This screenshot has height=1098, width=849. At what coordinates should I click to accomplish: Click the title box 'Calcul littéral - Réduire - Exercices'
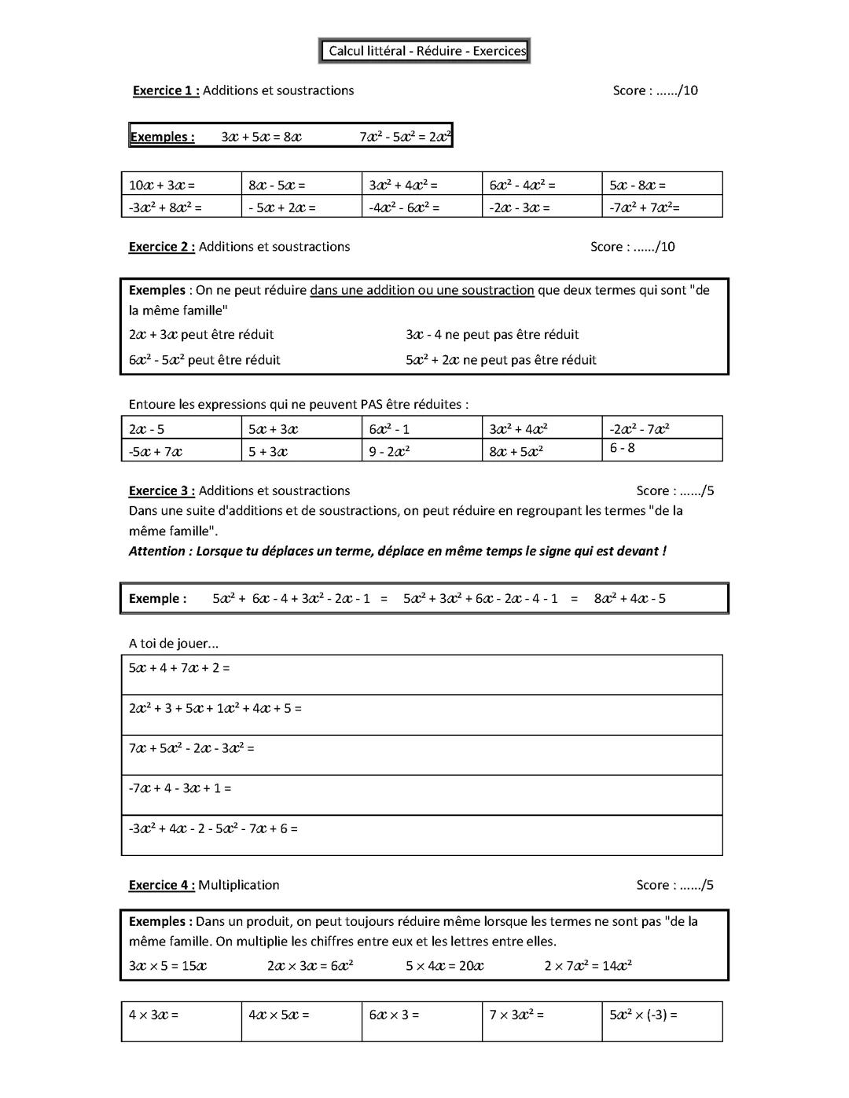pos(425,51)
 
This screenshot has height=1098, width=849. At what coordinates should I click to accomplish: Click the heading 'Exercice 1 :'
pos(165,90)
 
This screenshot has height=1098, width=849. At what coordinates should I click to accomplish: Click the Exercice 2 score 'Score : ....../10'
pos(632,247)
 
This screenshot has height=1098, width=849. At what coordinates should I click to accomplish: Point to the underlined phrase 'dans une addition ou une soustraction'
pos(421,290)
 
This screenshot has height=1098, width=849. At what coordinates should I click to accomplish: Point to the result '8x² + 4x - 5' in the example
pos(630,598)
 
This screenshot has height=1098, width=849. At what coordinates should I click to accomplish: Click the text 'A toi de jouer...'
pos(174,643)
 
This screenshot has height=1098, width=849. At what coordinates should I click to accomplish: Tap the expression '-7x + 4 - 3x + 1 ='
pos(180,788)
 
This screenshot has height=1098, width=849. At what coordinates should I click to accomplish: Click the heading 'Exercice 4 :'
pos(161,885)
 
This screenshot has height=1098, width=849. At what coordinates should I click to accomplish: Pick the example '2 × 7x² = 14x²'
pos(588,965)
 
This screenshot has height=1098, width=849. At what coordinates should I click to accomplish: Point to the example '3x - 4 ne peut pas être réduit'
pos(492,334)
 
